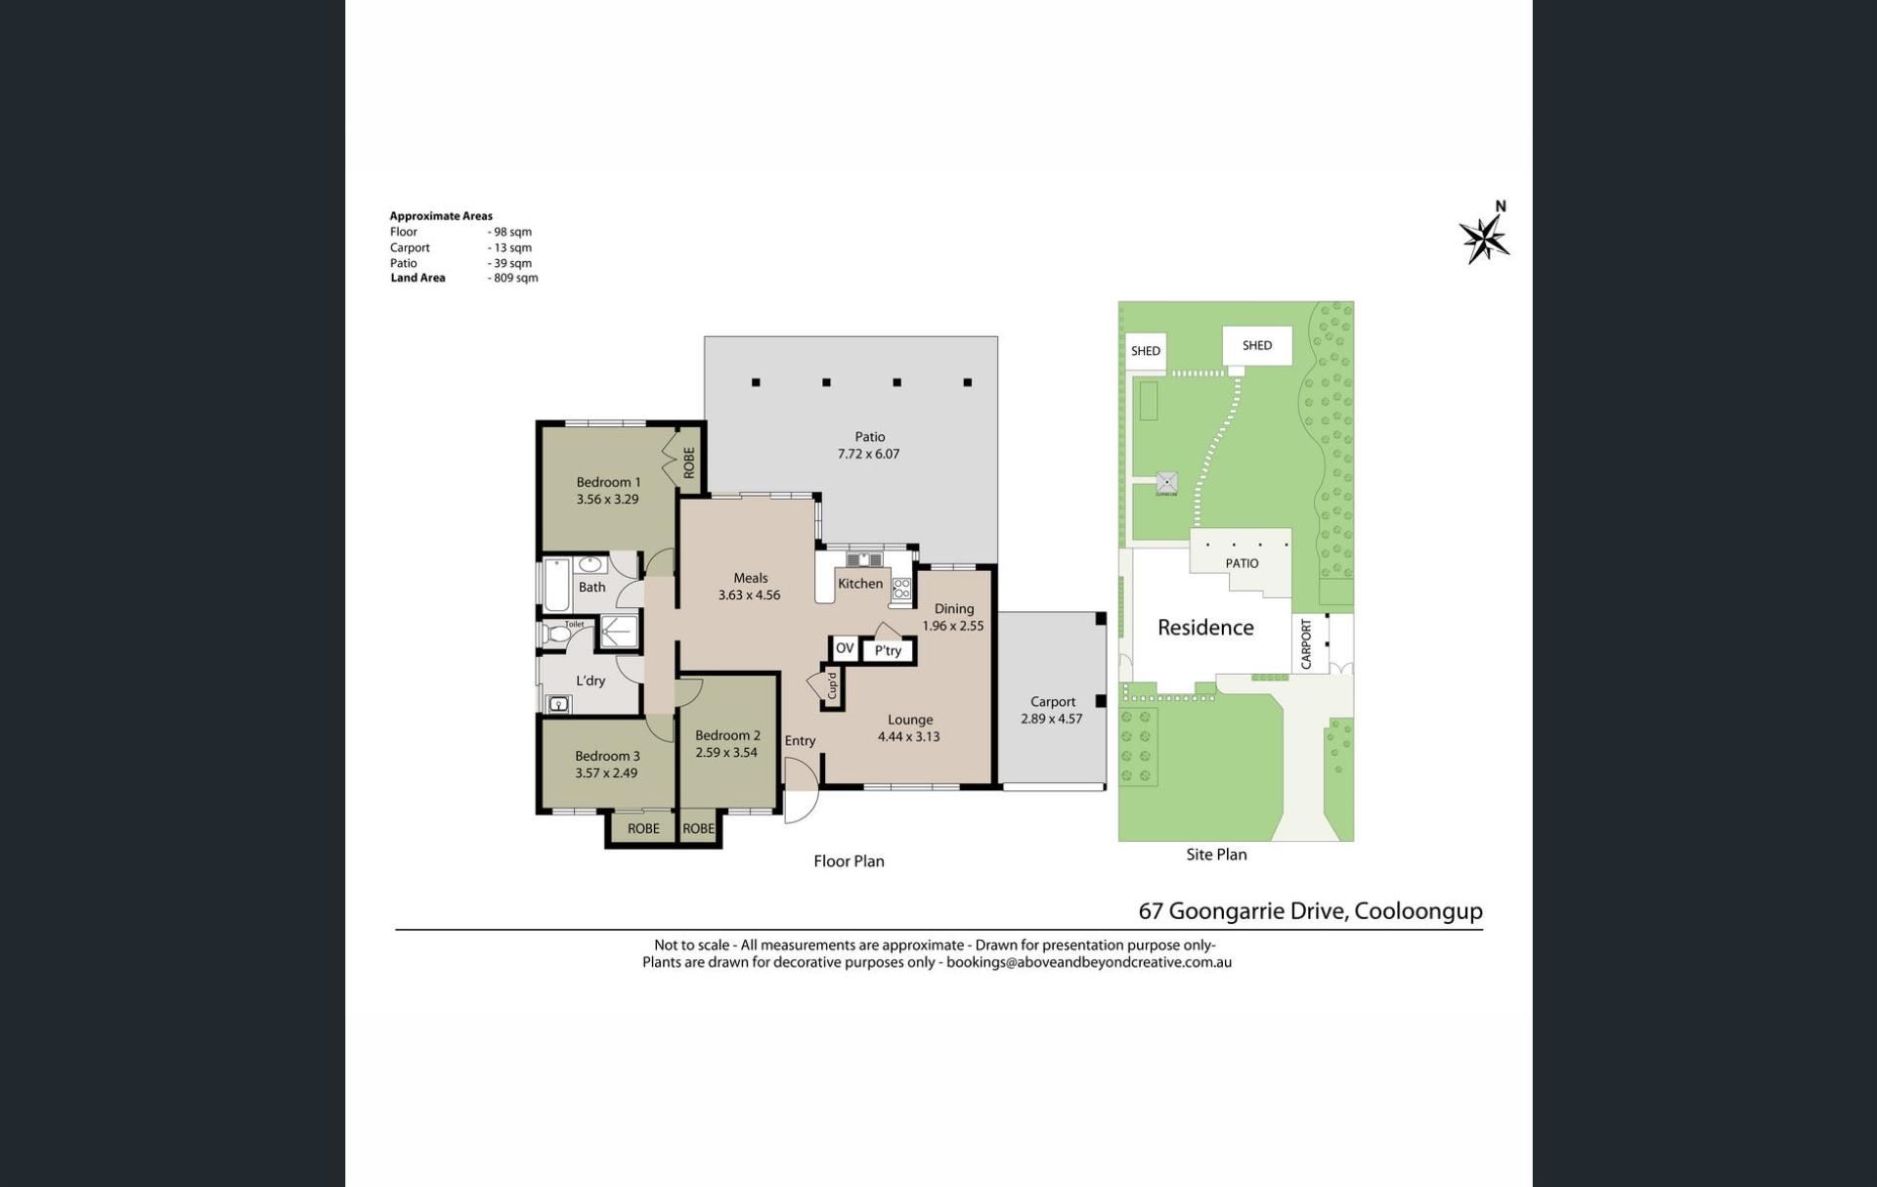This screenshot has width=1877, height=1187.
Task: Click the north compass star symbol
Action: pos(1484,239)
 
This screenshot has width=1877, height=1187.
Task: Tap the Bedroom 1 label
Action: pos(608,482)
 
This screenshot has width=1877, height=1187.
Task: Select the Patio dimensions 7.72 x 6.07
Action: pos(868,454)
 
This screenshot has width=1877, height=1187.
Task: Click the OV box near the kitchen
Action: pos(845,648)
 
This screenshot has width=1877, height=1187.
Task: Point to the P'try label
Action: pos(888,650)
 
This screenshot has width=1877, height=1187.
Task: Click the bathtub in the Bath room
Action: pos(557,585)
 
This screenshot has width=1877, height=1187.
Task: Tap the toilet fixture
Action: pos(556,635)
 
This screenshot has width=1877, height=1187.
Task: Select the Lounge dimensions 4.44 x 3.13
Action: pos(908,736)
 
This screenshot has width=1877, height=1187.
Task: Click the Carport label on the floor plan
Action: pos(1052,701)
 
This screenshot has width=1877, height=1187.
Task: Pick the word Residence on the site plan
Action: pos(1205,628)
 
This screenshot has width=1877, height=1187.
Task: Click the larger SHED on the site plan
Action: pos(1257,345)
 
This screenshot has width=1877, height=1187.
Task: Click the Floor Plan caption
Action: pos(849,861)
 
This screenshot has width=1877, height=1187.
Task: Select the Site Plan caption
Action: pos(1216,855)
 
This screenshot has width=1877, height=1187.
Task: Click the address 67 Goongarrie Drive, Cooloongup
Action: pos(1310,911)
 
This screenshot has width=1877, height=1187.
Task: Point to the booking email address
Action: pos(1089,962)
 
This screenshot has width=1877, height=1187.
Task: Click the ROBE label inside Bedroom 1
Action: pos(689,462)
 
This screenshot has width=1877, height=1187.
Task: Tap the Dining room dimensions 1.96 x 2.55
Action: pos(953,626)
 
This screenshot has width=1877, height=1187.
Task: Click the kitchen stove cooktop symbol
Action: pos(900,589)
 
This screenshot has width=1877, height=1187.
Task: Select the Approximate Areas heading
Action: pos(441,216)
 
